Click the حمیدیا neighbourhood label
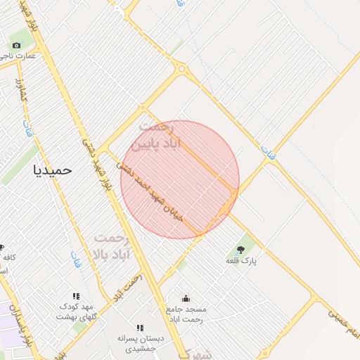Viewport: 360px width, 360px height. pos(53,169)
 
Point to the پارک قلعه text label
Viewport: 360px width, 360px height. pos(240,261)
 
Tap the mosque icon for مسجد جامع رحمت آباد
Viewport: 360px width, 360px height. pos(186,297)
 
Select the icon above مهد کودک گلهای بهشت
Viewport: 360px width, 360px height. pos(77,296)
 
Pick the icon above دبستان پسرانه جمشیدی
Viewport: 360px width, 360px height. pos(140,328)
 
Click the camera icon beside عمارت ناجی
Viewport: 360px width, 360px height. pos(17,45)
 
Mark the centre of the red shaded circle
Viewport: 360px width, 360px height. pos(180,179)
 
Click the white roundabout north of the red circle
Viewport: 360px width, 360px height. pos(183,69)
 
